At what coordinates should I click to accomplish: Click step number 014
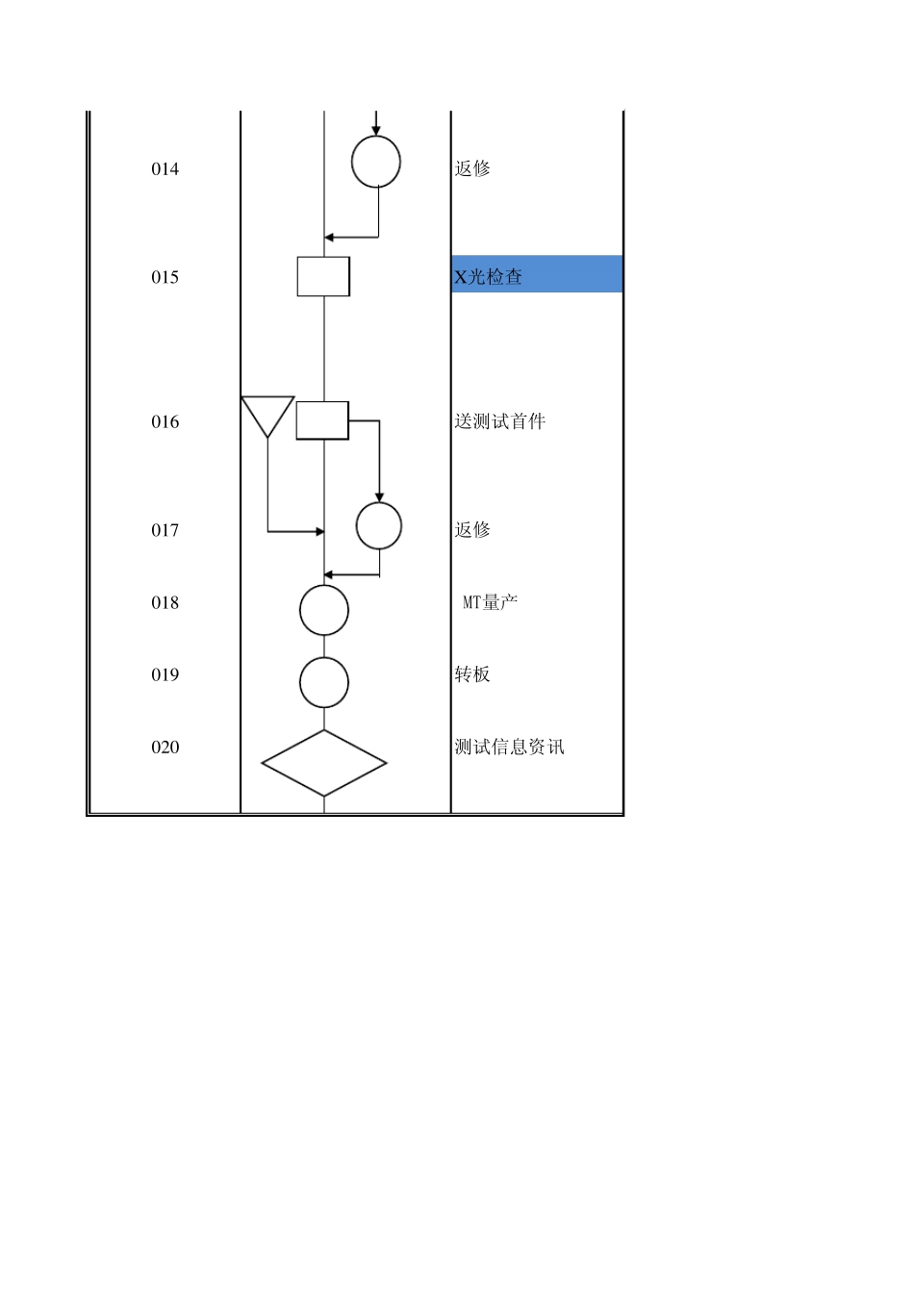tap(165, 169)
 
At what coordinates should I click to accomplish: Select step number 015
tap(165, 277)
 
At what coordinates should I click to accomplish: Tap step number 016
tap(165, 421)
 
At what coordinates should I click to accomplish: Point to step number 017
tap(165, 530)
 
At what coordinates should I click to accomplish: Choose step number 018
tap(165, 602)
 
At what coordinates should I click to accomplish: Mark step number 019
tap(165, 674)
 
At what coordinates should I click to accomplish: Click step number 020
tap(165, 747)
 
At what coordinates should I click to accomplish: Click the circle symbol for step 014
tap(376, 162)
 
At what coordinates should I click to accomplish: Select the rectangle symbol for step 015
tap(323, 276)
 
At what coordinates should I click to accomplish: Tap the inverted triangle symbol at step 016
tap(267, 412)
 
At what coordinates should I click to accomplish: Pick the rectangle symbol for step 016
tap(322, 420)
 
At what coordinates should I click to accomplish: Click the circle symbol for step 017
tap(379, 526)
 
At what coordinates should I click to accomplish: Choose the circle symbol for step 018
tap(324, 610)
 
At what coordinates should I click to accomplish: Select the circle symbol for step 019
tap(324, 682)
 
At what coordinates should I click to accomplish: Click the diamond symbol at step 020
tap(324, 763)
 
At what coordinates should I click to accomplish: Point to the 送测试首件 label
tap(500, 421)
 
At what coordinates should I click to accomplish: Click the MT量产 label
tap(491, 602)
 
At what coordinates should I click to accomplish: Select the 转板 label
tap(472, 674)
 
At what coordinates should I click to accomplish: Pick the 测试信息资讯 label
tap(510, 747)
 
